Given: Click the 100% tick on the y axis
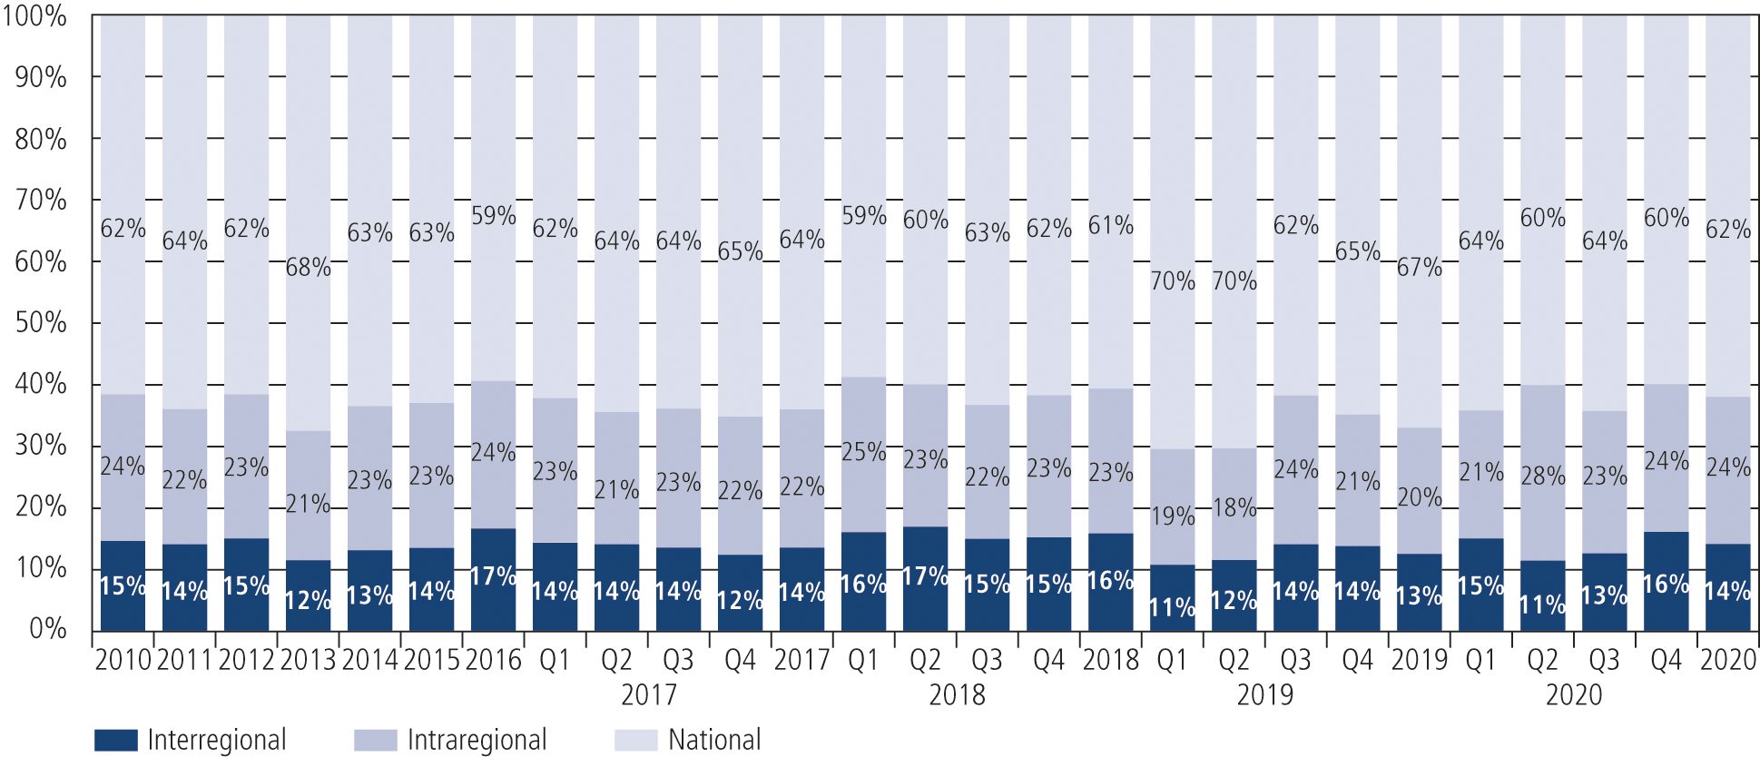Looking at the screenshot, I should click(34, 16).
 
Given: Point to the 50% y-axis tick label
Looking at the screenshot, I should click(41, 323).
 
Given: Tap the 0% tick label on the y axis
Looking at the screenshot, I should click(47, 629).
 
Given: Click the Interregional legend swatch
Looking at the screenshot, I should click(115, 740).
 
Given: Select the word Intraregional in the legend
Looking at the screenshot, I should click(477, 740).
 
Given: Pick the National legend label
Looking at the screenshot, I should click(714, 740).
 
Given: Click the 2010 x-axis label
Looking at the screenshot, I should click(123, 660).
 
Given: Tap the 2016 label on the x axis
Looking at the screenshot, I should click(493, 660).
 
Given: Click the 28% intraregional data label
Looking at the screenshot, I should click(1543, 476).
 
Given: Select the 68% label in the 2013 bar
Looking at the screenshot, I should click(309, 268).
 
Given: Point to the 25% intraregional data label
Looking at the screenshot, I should click(863, 451).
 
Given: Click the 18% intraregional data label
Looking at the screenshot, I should click(1234, 508).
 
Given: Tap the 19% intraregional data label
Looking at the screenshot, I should click(1173, 516).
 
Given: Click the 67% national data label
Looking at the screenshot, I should click(1419, 268).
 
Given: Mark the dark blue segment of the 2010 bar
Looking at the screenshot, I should click(123, 586).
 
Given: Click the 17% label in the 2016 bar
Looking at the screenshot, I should click(493, 576).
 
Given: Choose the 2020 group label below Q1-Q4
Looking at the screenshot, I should click(1573, 695).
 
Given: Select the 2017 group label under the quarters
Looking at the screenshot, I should click(648, 695).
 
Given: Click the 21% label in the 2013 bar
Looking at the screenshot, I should click(309, 504).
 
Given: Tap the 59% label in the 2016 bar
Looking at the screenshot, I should click(493, 216).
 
